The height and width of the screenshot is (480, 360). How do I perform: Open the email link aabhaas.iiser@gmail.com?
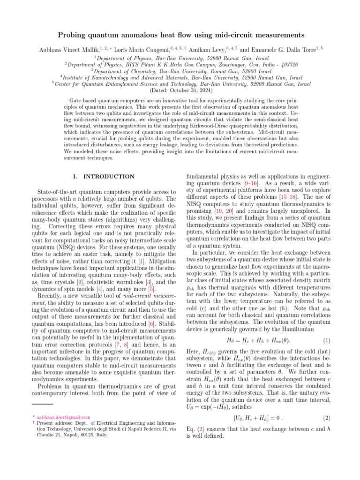(x=57, y=417)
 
